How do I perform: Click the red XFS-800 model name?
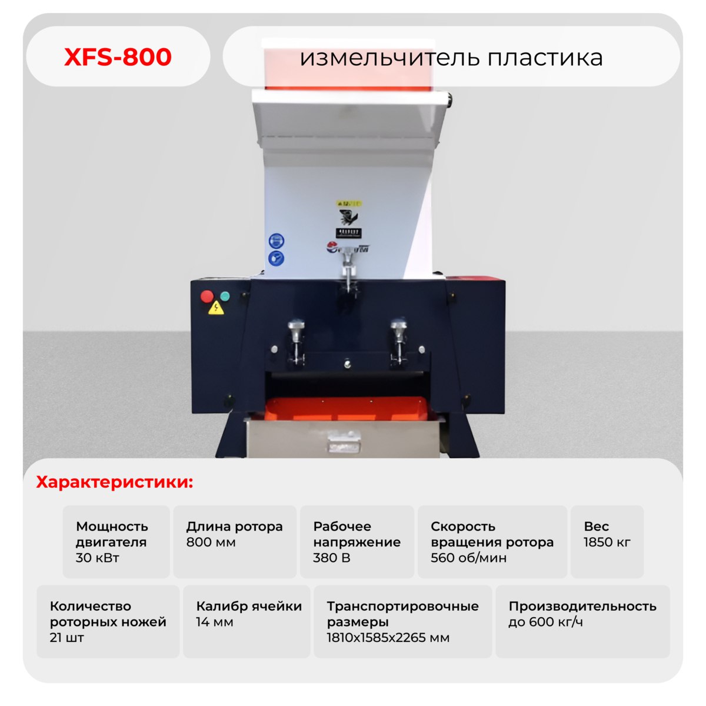coord(118,57)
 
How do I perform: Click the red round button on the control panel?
coord(207,296)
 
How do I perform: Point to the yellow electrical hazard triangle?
coord(217,308)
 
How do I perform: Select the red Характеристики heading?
coord(115,482)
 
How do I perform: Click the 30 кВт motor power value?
coord(98,558)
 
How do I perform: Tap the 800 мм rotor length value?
coord(211,542)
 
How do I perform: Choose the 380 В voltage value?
coord(332,558)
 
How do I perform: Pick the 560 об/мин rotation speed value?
coord(468,558)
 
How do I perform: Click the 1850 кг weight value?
coord(607,542)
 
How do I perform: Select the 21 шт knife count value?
coord(67,638)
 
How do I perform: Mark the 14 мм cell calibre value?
coord(214,622)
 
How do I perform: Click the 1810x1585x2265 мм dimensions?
coord(388,638)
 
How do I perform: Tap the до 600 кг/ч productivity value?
coord(545,622)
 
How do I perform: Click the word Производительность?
coord(582,606)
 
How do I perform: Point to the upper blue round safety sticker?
coord(276,241)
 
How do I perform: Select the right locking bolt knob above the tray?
coord(399,326)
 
